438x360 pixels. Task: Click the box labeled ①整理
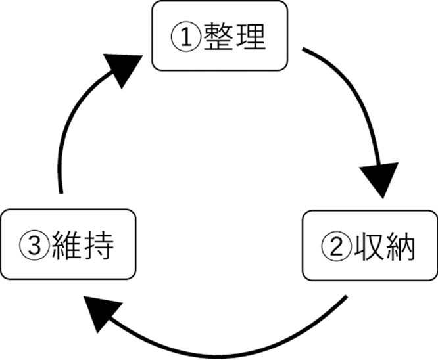click(220, 35)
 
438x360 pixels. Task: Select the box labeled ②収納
click(369, 244)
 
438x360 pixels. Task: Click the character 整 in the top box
click(218, 36)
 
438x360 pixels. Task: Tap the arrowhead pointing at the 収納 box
click(380, 181)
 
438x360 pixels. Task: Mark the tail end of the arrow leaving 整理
click(304, 49)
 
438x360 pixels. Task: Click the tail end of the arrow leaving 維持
click(61, 192)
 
